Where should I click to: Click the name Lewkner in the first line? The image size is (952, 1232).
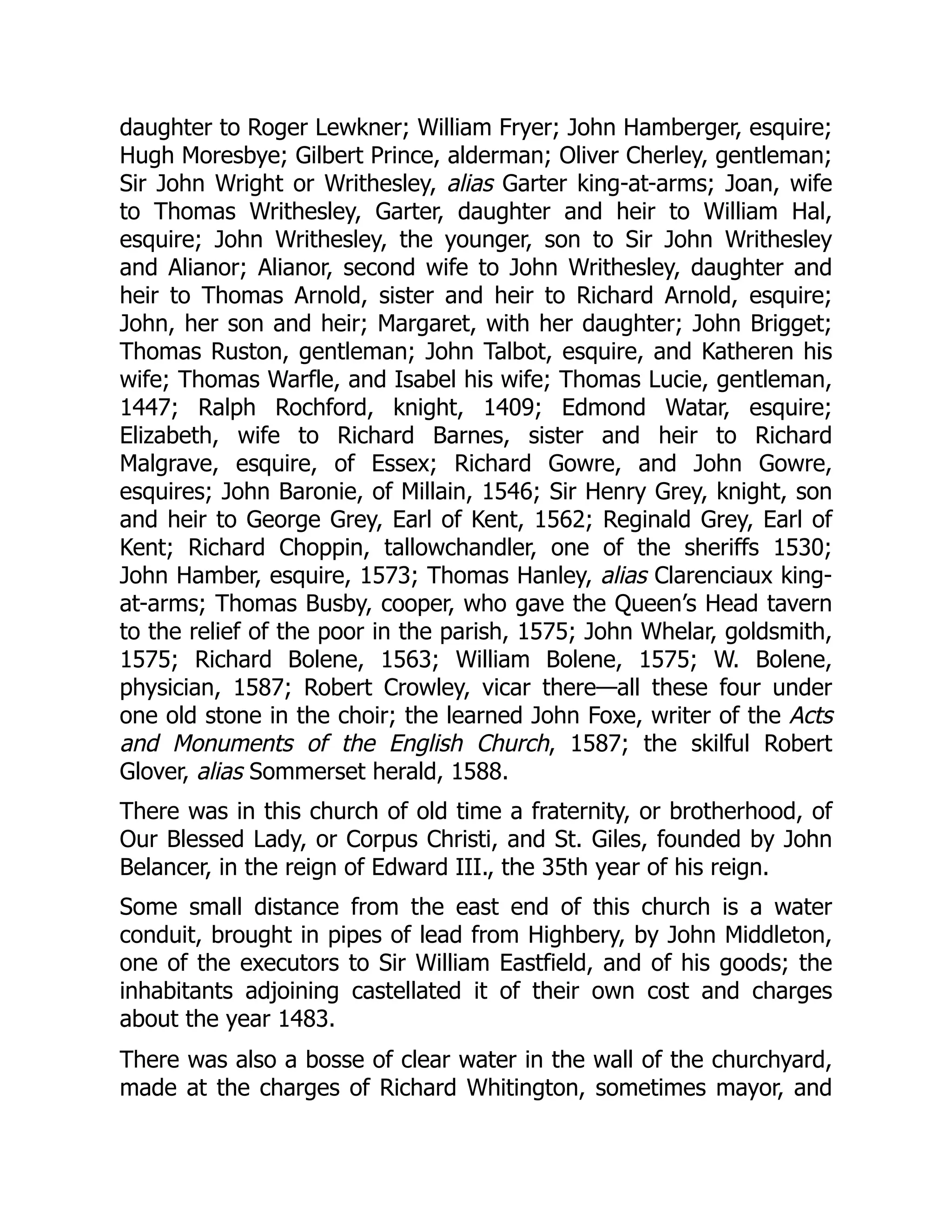(x=357, y=128)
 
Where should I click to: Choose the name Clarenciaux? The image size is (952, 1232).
(x=714, y=576)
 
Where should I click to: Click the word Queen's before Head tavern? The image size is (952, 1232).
(x=652, y=603)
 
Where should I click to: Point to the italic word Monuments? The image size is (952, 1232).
(x=233, y=743)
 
